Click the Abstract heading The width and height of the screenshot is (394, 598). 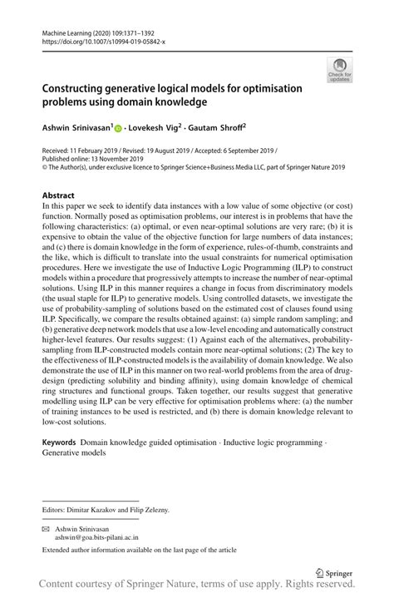[58, 195]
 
